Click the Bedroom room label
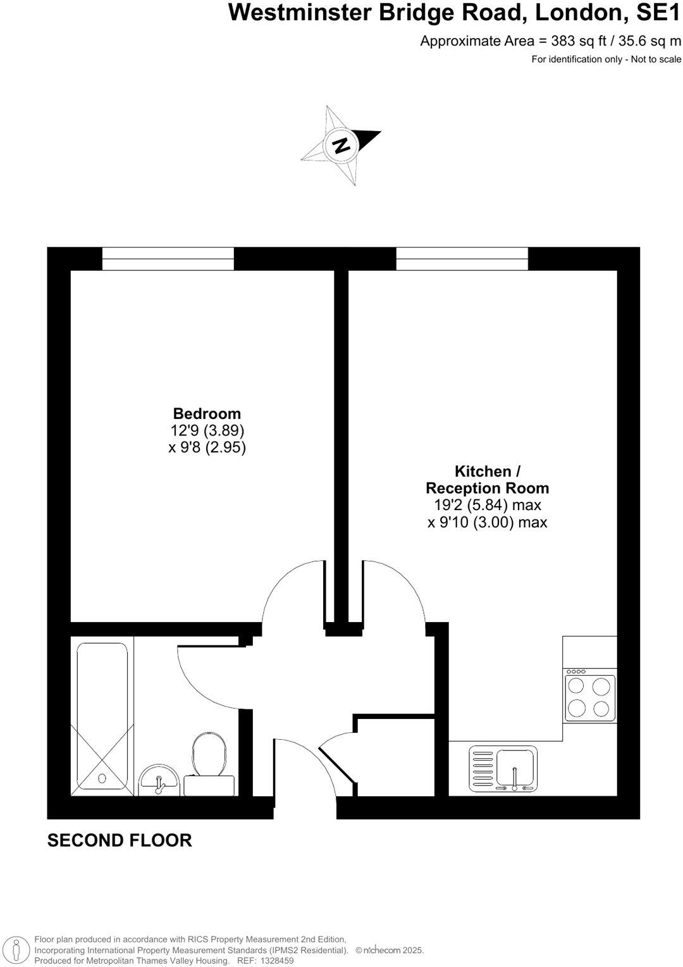click(x=207, y=414)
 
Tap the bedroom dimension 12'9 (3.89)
click(x=207, y=431)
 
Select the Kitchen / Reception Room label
click(x=487, y=480)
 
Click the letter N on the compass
click(x=341, y=146)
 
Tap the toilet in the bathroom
click(x=209, y=754)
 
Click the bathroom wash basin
click(x=159, y=780)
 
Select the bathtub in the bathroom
click(x=102, y=719)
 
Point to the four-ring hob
click(x=590, y=697)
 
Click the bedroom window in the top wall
click(x=168, y=258)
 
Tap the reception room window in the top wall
click(x=462, y=258)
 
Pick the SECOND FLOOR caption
click(x=120, y=840)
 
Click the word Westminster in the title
click(x=300, y=13)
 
